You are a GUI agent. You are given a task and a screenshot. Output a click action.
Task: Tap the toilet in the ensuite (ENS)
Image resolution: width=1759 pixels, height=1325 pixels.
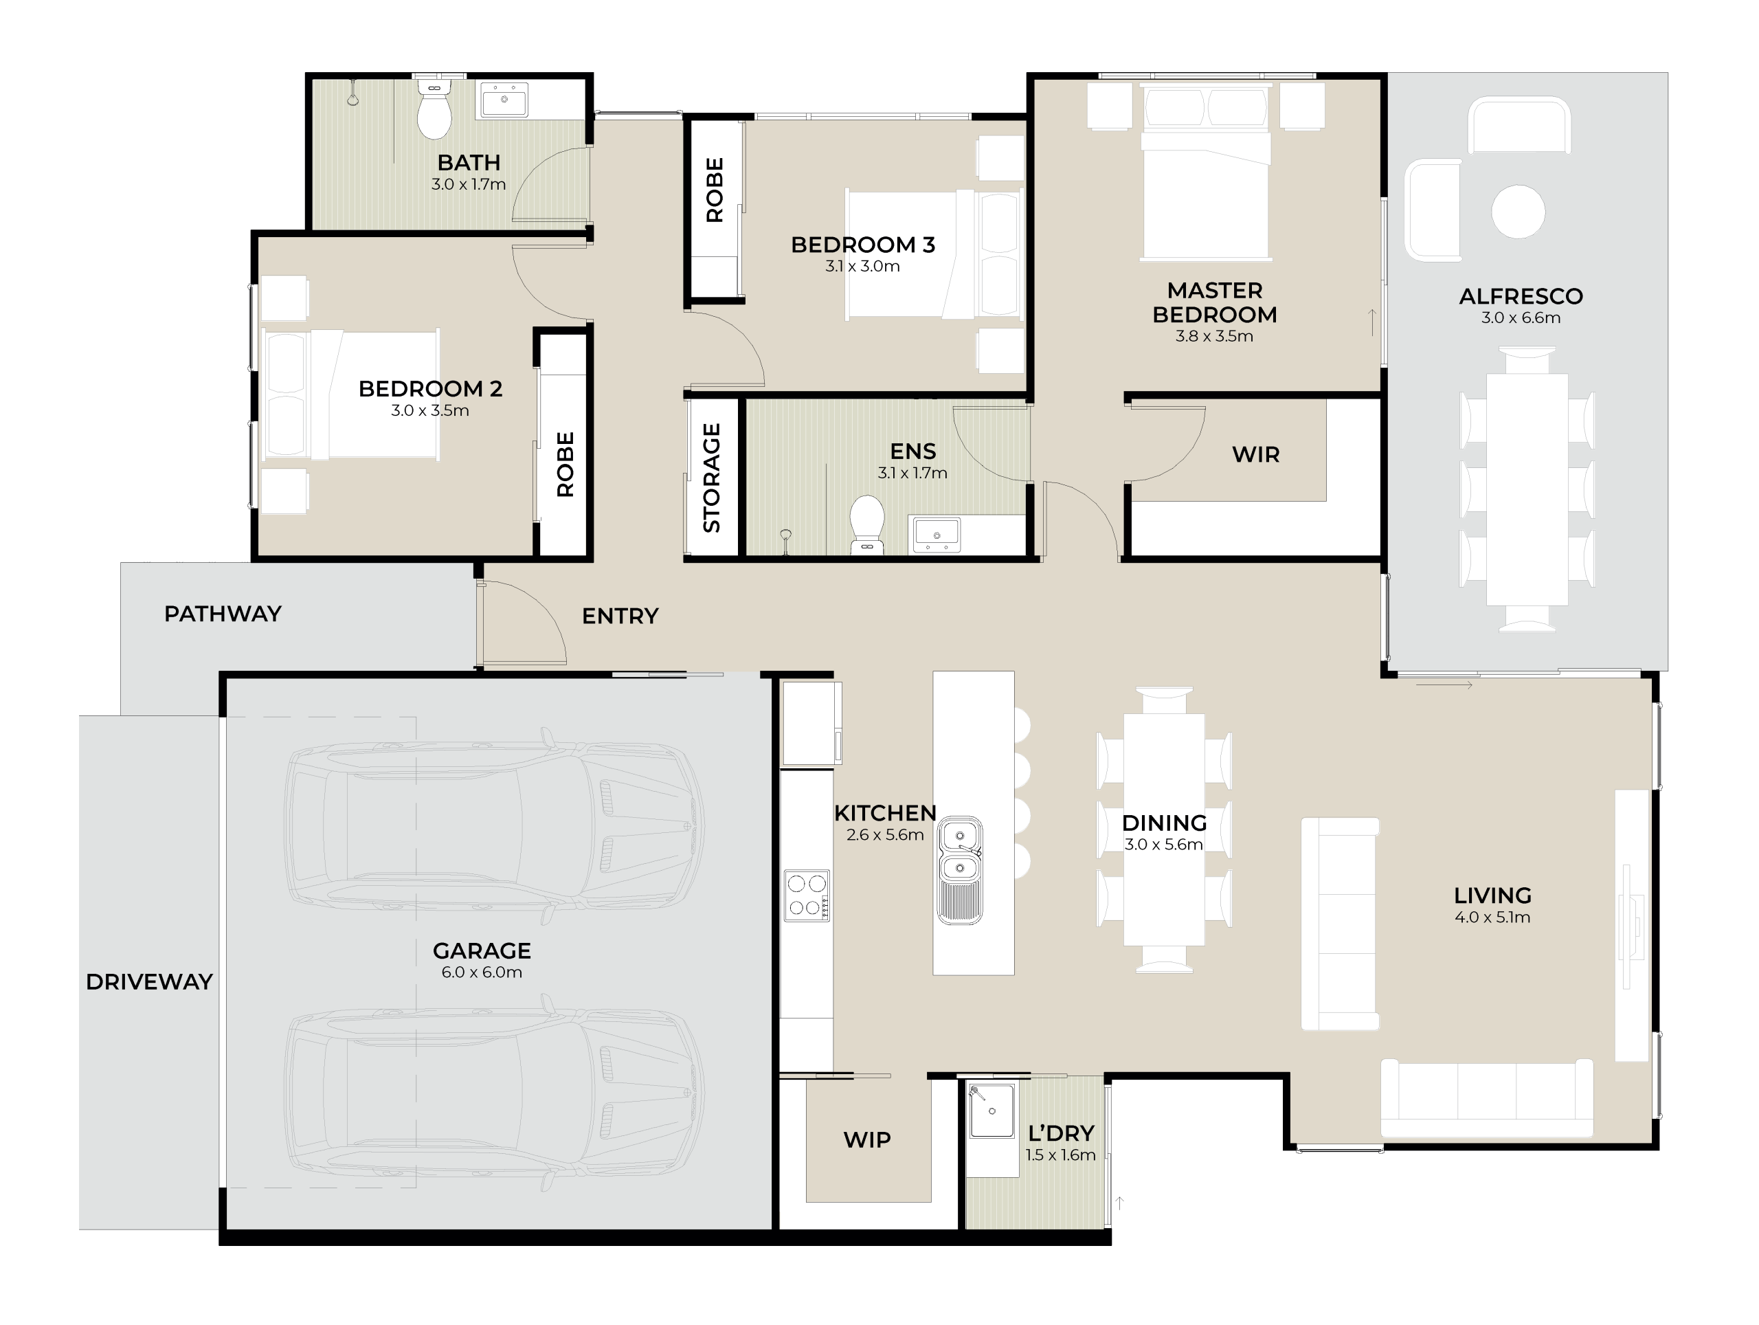click(x=866, y=525)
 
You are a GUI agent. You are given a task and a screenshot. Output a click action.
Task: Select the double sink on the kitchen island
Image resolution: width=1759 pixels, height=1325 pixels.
click(x=960, y=869)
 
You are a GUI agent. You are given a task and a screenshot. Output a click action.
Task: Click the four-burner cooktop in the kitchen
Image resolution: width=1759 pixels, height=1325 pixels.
click(x=807, y=896)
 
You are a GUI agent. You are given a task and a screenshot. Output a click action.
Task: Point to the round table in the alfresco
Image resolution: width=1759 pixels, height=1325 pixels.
click(x=1517, y=212)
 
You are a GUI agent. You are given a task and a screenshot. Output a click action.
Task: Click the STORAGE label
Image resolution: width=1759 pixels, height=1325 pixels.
click(x=712, y=478)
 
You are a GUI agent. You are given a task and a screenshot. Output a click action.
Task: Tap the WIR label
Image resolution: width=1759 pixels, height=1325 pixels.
click(x=1255, y=455)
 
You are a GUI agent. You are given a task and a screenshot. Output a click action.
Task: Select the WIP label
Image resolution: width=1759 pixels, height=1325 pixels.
click(x=866, y=1139)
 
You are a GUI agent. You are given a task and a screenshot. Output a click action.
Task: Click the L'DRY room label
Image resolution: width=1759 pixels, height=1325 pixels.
click(x=1061, y=1133)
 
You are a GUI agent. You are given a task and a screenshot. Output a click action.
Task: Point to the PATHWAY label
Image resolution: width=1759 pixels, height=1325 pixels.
click(x=223, y=614)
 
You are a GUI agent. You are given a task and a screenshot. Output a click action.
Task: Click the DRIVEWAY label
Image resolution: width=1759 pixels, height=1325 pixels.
click(x=150, y=981)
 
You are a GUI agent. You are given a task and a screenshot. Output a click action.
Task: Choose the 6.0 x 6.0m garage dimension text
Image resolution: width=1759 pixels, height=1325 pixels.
click(x=482, y=972)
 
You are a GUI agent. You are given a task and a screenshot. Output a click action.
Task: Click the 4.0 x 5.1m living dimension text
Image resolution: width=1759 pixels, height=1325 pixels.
click(x=1492, y=917)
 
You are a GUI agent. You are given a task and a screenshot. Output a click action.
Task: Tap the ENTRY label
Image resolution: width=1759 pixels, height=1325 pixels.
click(x=620, y=616)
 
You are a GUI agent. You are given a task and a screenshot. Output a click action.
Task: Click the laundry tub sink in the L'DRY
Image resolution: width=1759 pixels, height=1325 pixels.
click(x=991, y=1111)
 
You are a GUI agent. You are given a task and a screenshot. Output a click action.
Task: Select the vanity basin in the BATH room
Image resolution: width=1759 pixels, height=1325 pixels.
click(x=504, y=100)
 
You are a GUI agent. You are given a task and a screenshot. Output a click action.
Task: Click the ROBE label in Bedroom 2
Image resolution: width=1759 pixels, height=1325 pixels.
click(x=565, y=465)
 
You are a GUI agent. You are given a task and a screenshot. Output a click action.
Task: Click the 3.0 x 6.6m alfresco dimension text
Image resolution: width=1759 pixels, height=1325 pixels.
click(x=1521, y=318)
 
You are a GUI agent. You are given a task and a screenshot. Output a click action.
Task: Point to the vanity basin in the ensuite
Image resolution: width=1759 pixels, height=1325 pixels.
click(x=936, y=535)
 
